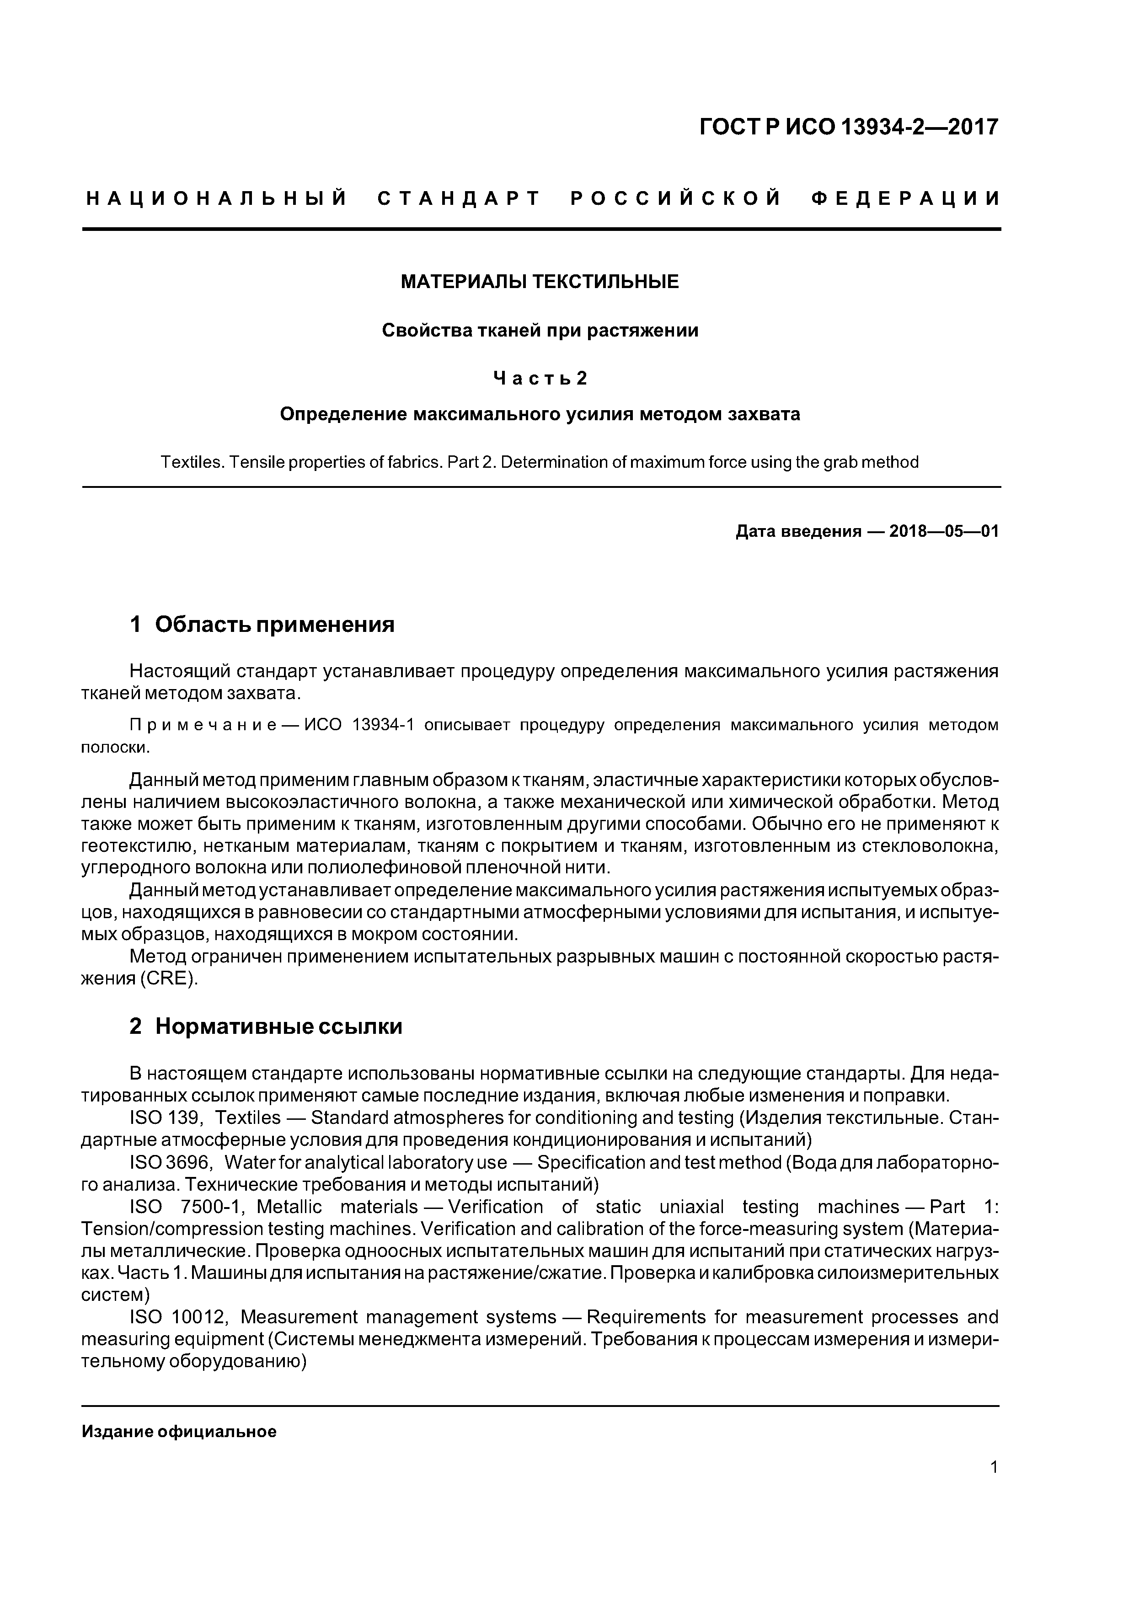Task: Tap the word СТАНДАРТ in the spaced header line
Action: click(459, 199)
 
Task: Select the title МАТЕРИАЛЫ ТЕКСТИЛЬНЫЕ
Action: click(540, 282)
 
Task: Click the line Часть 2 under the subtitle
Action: click(540, 378)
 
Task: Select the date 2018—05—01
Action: click(943, 532)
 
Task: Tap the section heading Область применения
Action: click(274, 624)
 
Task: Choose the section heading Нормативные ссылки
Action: click(278, 1026)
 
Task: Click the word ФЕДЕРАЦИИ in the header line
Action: click(906, 199)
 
